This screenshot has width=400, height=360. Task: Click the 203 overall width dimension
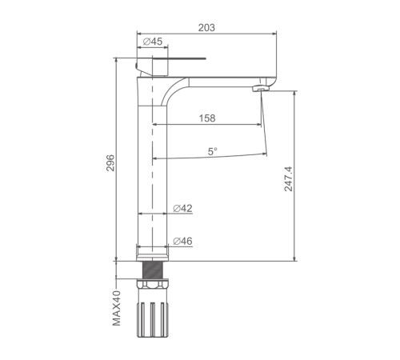[x=206, y=27]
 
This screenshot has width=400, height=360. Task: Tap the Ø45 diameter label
[x=153, y=42]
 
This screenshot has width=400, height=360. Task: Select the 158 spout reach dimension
[x=207, y=118]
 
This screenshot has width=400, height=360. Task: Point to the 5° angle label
[x=213, y=152]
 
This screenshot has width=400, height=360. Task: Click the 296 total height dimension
[x=110, y=162]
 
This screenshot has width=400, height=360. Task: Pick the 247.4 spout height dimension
[x=288, y=179]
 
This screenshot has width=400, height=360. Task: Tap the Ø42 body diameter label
[x=182, y=208]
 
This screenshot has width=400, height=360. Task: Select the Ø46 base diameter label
[x=182, y=241]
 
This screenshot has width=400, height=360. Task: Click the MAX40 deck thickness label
[x=117, y=308]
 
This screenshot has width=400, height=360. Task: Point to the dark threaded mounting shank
[x=153, y=270]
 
